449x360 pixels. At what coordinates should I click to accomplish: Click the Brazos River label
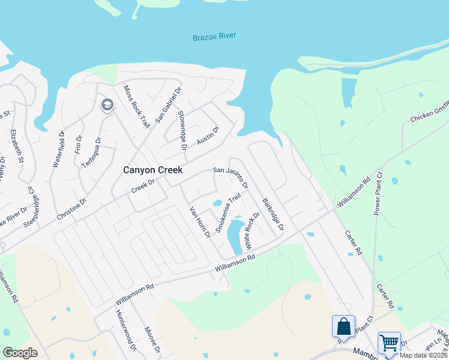click(x=214, y=37)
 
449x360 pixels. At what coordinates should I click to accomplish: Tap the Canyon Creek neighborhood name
click(x=152, y=170)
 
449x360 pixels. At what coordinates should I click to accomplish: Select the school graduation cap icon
click(x=107, y=106)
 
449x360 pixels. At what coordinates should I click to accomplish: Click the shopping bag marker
click(x=343, y=326)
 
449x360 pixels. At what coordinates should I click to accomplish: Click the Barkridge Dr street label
click(x=272, y=215)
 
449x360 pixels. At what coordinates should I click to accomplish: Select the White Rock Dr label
click(x=250, y=232)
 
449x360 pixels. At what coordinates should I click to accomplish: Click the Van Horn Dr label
click(x=200, y=222)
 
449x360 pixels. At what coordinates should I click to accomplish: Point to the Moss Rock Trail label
click(x=136, y=107)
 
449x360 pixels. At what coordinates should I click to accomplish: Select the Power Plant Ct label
click(x=378, y=193)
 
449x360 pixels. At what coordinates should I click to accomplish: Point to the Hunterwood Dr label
click(x=127, y=331)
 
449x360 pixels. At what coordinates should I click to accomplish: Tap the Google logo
click(x=20, y=353)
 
